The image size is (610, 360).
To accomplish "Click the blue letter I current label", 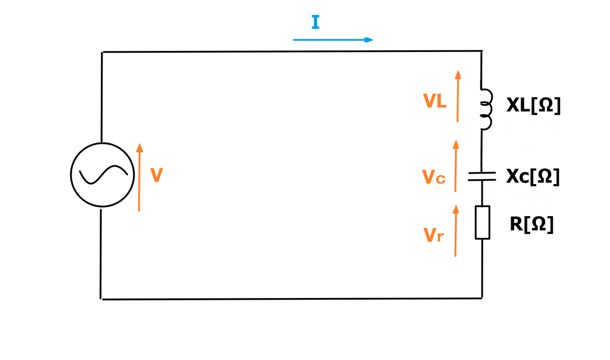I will (315, 22).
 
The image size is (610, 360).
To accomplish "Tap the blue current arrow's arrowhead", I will (369, 40).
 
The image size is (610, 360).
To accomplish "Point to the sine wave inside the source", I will (103, 175).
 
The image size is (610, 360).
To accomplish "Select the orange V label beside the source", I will (156, 175).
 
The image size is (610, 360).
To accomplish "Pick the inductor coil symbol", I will (486, 110).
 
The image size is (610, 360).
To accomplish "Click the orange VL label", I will (434, 101).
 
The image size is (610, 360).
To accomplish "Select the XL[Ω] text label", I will (533, 105).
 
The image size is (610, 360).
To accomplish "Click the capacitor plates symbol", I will (482, 177).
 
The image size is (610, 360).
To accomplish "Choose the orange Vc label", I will (433, 177).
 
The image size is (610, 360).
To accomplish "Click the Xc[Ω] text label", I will (533, 176).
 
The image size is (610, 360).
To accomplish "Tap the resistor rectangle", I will (482, 223).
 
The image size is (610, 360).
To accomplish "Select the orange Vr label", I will (433, 235).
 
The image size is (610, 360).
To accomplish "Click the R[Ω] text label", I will (531, 224).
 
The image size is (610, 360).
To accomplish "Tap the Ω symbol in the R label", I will (538, 224).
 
